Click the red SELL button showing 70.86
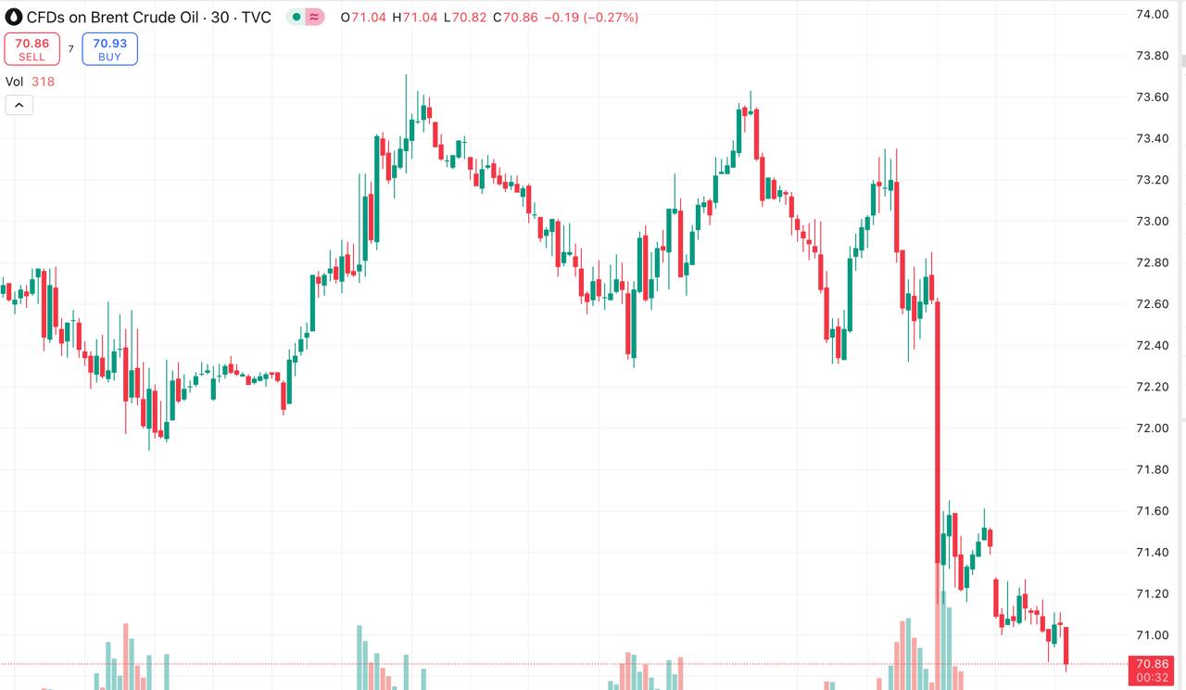click(32, 49)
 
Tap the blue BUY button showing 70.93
click(109, 49)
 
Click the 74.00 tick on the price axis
click(1152, 14)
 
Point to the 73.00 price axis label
click(1152, 221)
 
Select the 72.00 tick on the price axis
click(1152, 428)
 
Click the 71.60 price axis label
click(1152, 511)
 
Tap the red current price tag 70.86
click(1152, 664)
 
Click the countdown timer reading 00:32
click(1152, 678)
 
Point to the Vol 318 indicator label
click(30, 82)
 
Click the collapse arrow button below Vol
click(19, 105)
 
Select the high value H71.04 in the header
click(416, 18)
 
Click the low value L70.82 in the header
click(465, 18)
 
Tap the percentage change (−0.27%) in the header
click(611, 18)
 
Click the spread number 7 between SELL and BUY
click(70, 49)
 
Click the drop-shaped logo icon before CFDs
click(13, 17)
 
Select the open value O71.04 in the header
click(364, 18)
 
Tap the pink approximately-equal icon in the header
click(314, 18)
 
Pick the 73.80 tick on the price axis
click(1152, 56)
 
